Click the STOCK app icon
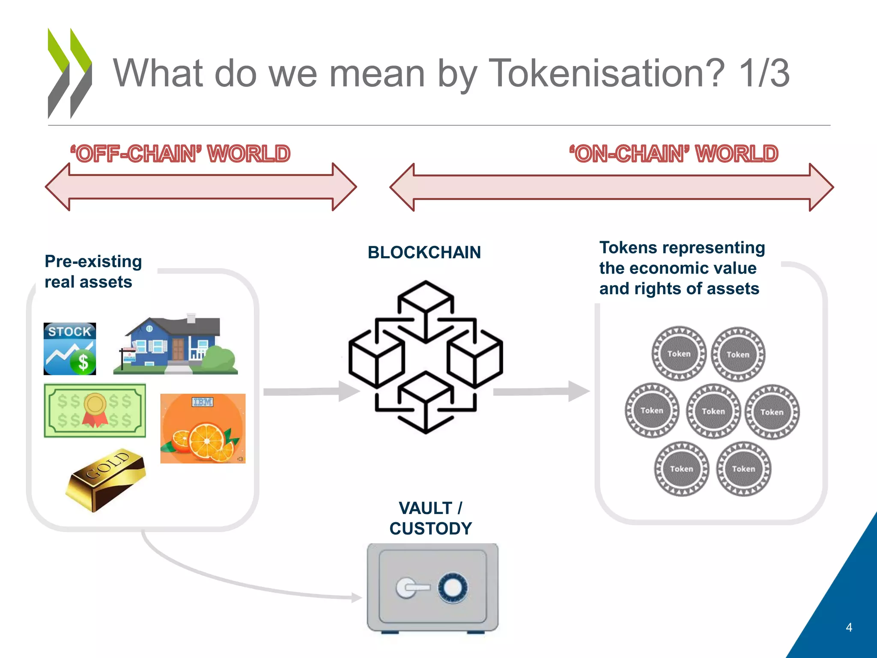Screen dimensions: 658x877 click(70, 349)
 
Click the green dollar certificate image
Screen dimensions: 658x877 click(95, 410)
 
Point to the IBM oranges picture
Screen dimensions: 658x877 click(203, 428)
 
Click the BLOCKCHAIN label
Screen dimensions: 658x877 click(424, 252)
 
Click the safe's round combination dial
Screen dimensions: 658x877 click(453, 587)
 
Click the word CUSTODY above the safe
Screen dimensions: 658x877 click(430, 529)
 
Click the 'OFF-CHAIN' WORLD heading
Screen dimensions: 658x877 click(180, 154)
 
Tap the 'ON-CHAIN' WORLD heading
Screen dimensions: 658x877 click(674, 154)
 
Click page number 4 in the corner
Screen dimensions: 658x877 click(849, 628)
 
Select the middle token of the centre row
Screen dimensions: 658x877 click(713, 411)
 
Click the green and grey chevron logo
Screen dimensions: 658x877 click(69, 73)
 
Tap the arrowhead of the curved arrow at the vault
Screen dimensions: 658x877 click(357, 597)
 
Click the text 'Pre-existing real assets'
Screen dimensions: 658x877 click(93, 272)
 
